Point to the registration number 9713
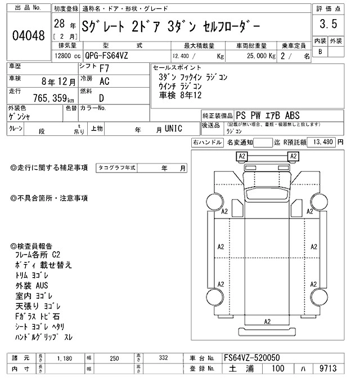325,369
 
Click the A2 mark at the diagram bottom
268,321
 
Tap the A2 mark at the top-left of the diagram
242,156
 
